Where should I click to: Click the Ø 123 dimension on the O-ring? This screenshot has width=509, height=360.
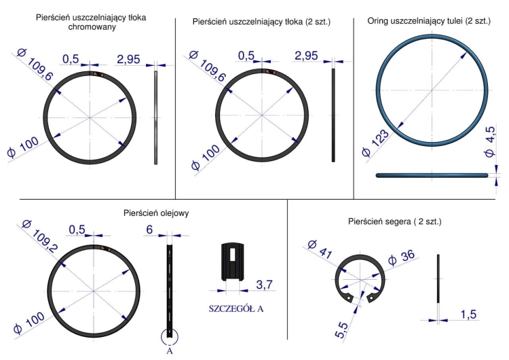[375, 143]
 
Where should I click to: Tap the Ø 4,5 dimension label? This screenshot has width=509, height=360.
[490, 141]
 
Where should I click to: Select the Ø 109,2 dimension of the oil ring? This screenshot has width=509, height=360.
[40, 236]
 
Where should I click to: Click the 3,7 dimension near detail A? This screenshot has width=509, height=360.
[264, 285]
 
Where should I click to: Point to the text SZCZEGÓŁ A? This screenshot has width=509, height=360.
[236, 308]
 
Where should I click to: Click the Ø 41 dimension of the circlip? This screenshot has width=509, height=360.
[320, 249]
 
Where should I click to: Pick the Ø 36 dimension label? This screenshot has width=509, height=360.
[401, 257]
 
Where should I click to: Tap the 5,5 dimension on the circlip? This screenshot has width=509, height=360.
[342, 330]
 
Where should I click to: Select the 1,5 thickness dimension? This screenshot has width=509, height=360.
[468, 314]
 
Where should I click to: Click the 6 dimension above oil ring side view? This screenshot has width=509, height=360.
[149, 230]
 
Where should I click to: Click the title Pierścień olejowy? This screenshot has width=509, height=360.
[156, 213]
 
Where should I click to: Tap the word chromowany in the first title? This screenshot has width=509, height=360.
[92, 26]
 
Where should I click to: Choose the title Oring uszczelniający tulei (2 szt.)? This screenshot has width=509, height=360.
[429, 21]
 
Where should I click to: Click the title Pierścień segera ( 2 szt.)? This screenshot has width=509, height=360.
[395, 221]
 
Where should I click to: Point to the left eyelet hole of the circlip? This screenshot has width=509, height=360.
[349, 298]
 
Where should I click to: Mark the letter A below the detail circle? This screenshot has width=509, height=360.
[170, 351]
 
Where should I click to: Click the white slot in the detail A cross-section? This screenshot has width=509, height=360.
[232, 255]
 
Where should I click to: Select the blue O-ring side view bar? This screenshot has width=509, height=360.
[432, 175]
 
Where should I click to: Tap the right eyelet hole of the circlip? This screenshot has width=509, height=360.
[371, 297]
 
